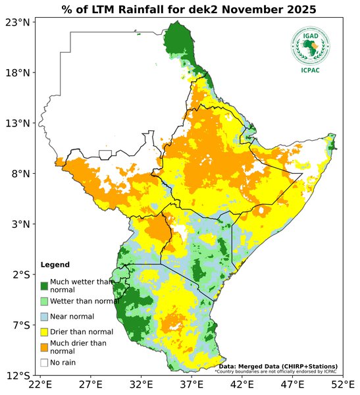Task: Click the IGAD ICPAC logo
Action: coord(310,50)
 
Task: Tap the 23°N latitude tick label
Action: coord(18,22)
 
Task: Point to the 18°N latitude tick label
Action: coord(18,72)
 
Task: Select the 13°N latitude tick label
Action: coord(18,123)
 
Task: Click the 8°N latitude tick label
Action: coord(20,174)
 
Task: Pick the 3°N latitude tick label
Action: coord(20,224)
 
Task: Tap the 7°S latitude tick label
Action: coord(20,325)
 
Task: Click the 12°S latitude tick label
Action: coord(18,376)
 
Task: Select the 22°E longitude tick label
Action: coord(41,384)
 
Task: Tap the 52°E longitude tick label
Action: coord(342,384)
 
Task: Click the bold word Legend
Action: coord(55,265)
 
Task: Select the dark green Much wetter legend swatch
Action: coord(45,286)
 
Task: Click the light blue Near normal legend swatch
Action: coord(45,317)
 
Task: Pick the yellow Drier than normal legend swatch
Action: coord(45,332)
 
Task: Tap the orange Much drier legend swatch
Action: coord(45,347)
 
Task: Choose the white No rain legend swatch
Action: coord(45,362)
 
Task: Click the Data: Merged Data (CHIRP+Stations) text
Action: coord(278,366)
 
